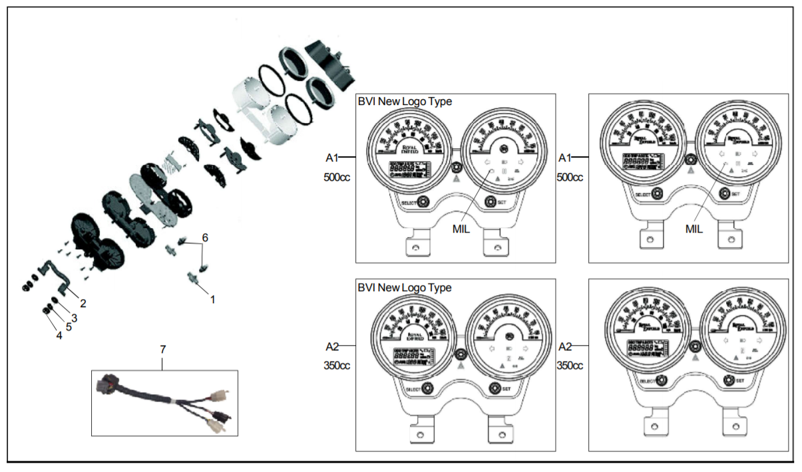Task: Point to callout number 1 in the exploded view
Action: [213, 300]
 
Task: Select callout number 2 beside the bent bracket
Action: [83, 303]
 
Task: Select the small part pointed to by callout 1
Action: [195, 279]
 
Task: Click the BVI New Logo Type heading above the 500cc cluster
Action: [405, 102]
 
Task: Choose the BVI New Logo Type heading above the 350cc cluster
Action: [405, 288]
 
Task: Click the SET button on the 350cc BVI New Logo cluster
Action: [495, 388]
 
